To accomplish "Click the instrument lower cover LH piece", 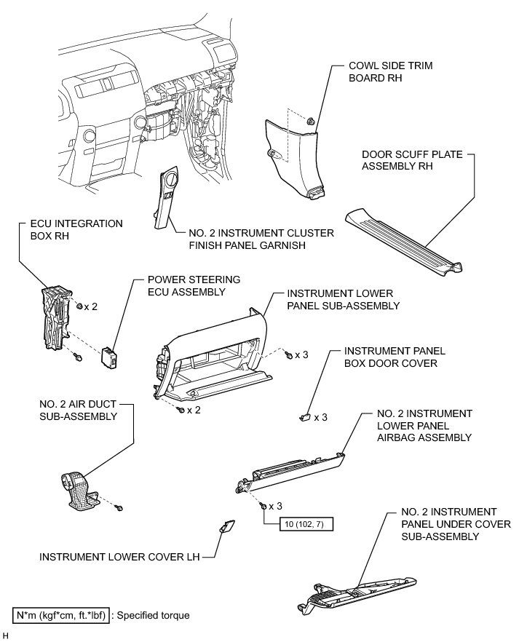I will [226, 527].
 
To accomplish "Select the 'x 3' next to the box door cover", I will [321, 418].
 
